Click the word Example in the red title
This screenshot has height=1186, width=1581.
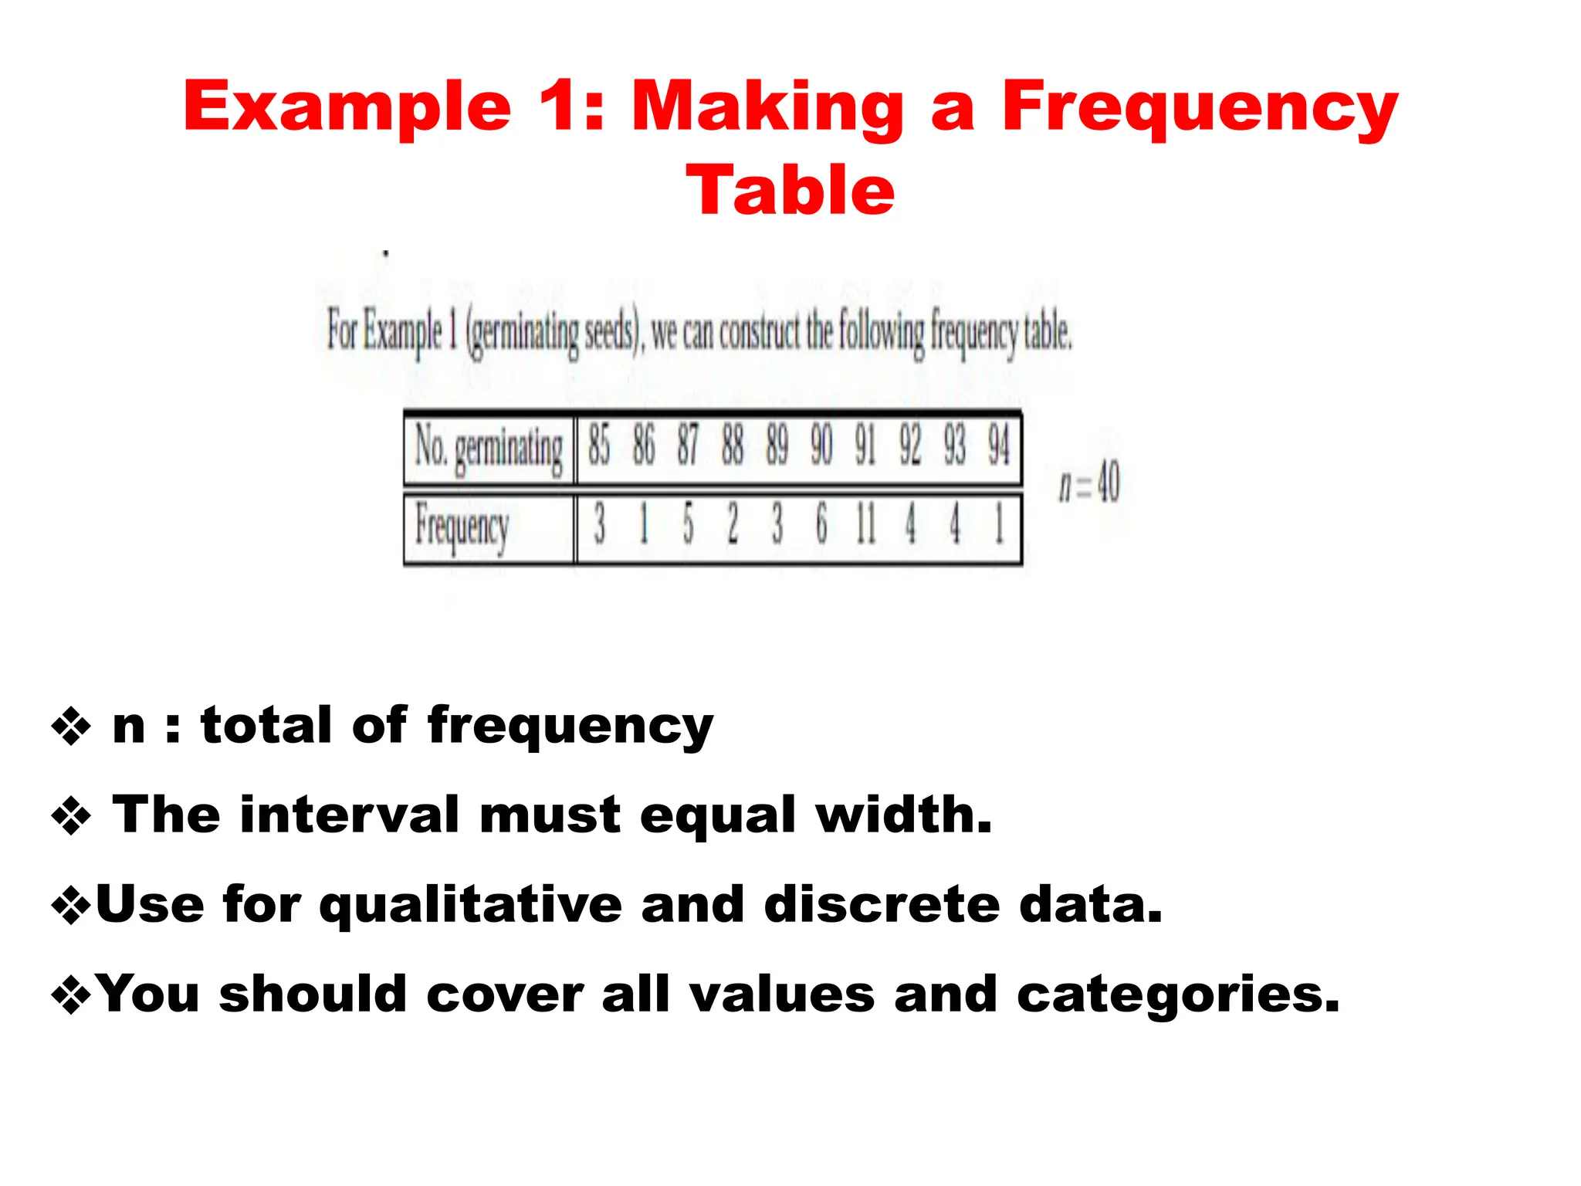pos(347,108)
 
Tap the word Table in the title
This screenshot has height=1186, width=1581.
pos(790,191)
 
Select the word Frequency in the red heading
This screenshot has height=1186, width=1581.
pos(1200,108)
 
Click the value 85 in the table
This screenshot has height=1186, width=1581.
pos(599,446)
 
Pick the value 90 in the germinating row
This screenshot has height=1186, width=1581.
pos(821,446)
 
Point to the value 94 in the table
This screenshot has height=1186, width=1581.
pos(999,446)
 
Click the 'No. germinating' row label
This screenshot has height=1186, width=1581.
pos(489,448)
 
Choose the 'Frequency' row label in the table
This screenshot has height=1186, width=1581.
pos(462,526)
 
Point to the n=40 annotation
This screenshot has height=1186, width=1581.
pos(1089,483)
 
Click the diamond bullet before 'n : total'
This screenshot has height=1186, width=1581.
pos(71,727)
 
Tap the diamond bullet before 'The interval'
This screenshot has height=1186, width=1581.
pos(71,816)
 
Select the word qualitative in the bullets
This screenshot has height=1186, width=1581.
pos(471,906)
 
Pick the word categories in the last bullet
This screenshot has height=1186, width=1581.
pos(1177,995)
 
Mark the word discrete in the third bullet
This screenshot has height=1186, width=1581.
pos(882,904)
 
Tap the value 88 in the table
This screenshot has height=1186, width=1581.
pos(733,446)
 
